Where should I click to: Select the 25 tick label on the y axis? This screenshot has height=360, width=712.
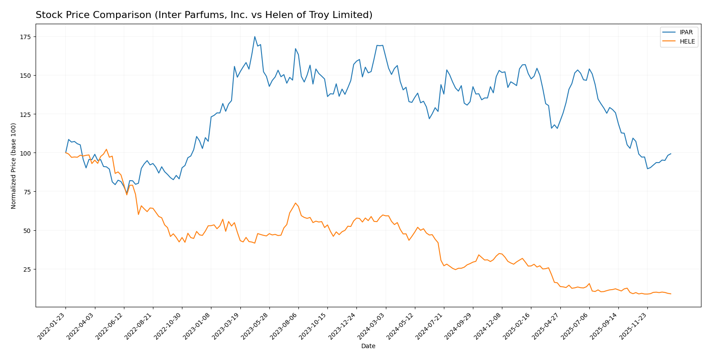point(28,269)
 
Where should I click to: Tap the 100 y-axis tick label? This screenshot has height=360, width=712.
point(26,153)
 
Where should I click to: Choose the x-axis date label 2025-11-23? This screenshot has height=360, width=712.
point(634,326)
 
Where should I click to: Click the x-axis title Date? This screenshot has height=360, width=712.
point(368,346)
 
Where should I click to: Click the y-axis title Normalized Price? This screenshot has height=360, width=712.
point(14,166)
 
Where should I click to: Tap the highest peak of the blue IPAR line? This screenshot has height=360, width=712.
point(254,36)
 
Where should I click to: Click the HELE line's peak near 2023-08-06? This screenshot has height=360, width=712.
point(295,203)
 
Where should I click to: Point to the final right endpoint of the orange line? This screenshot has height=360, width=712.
point(671,294)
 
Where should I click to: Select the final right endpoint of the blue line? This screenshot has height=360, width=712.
point(671,154)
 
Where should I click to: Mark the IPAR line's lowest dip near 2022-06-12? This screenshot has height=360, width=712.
point(127,193)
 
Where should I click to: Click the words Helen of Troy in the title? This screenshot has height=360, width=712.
point(314,15)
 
